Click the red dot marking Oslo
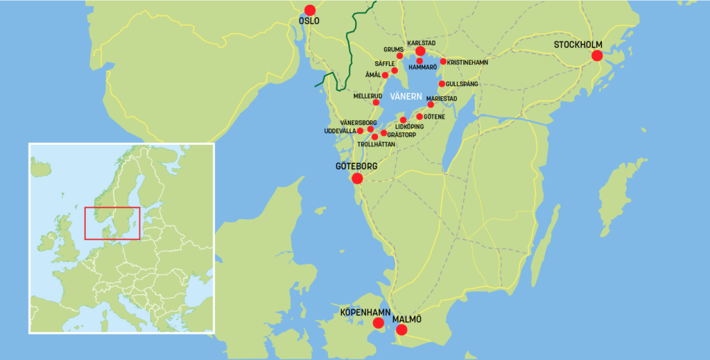[x=309, y=10]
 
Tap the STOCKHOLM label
[x=578, y=45]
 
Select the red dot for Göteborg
[x=357, y=178]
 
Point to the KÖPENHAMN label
[x=365, y=313]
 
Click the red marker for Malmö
[x=401, y=329]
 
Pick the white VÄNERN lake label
[x=406, y=96]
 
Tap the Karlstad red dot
[x=420, y=51]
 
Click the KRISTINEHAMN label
[x=469, y=62]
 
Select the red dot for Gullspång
[x=442, y=84]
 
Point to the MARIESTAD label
[x=442, y=98]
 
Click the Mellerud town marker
[x=376, y=103]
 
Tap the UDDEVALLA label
[x=340, y=130]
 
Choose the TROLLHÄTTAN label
[x=376, y=144]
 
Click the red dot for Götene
[x=419, y=117]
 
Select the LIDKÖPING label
[x=409, y=127]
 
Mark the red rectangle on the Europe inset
[x=112, y=223]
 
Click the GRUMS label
[x=393, y=49]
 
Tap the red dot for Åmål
[x=385, y=75]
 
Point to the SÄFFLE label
[x=385, y=63]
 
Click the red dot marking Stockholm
[x=596, y=55]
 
